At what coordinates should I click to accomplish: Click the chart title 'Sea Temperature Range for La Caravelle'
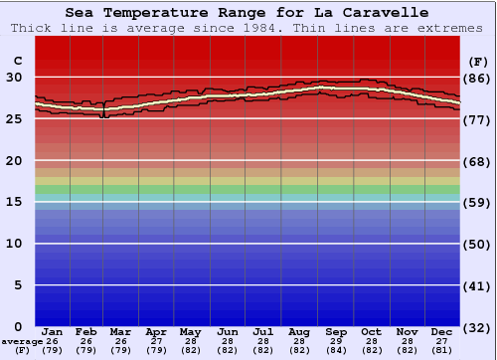[x=248, y=13]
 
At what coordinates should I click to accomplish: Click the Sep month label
[x=335, y=331]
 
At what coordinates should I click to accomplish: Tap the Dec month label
[x=442, y=331]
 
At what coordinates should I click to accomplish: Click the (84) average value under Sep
[x=335, y=350]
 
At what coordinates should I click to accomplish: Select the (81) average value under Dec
[x=442, y=350]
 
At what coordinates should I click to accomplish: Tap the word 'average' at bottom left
[x=22, y=341]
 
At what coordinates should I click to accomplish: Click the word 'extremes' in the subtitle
[x=453, y=28]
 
